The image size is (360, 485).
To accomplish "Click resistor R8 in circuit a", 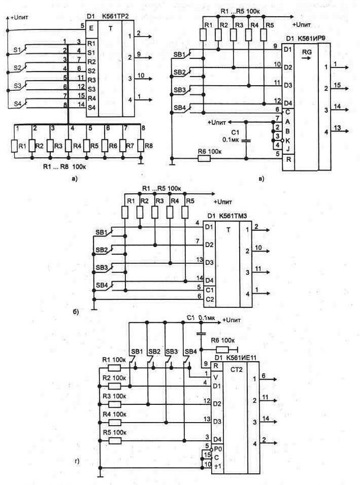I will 141,145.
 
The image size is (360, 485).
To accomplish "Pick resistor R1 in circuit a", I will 16,145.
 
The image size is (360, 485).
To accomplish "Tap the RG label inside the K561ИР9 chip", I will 307,52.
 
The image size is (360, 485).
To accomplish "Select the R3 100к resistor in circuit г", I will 114,403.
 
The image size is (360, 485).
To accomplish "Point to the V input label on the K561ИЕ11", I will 217,376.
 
